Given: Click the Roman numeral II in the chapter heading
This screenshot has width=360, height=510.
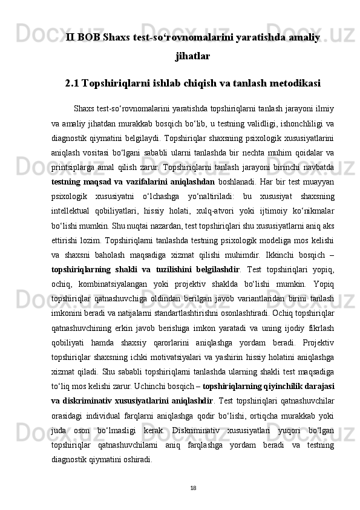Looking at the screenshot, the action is coord(71,38).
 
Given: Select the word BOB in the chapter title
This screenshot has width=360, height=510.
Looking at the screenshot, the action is coord(90,38).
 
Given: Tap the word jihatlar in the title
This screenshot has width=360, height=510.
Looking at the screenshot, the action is coord(192,57).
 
